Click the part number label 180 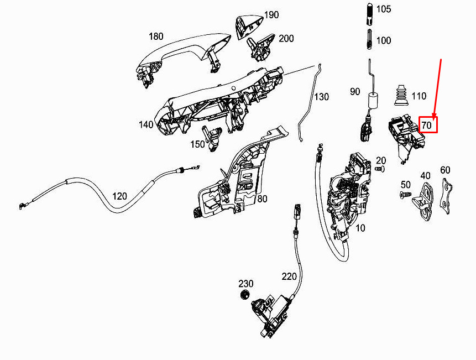coord(156,36)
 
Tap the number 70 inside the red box coord(426,125)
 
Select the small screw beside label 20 coord(380,169)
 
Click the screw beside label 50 coord(405,194)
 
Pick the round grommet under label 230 coord(244,294)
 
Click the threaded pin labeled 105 coord(369,14)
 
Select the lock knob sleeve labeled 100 coord(369,39)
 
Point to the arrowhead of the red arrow coord(434,117)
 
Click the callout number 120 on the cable coord(119,196)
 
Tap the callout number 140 coord(146,125)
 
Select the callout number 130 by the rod coord(321,97)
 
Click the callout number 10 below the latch coord(360,228)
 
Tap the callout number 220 coord(289,276)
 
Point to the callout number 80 coord(262,199)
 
